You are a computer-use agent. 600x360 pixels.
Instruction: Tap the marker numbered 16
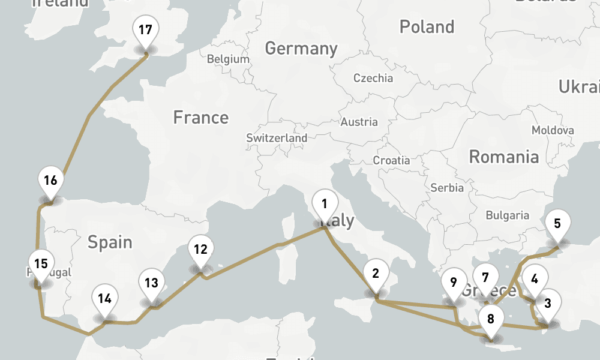pos(50,181)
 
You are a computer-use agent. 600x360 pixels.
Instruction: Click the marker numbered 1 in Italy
pos(324,204)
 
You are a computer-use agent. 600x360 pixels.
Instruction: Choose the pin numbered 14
pos(105,299)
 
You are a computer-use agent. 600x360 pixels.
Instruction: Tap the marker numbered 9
pos(453,283)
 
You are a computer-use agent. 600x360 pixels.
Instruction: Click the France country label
pos(200,117)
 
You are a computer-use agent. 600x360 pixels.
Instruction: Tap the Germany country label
pos(301,48)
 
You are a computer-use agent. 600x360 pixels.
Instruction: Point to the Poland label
pos(427,27)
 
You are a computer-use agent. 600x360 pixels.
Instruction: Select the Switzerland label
pos(277,138)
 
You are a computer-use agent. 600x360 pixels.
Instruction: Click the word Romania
pos(503,157)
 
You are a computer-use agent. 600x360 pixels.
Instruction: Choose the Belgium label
pos(227,59)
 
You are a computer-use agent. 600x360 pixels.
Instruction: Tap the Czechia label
pos(373,78)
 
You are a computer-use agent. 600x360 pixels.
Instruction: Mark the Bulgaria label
pos(507,215)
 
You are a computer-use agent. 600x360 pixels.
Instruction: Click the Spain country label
pos(110,242)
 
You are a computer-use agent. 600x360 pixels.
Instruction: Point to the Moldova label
pos(553,130)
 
